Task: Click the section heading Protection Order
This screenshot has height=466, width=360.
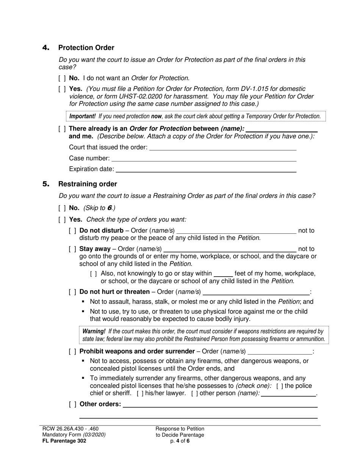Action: pos(86,48)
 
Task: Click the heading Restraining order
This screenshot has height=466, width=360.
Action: pos(88,184)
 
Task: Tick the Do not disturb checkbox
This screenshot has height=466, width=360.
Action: pos(73,231)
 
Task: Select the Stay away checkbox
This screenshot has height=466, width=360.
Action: pos(73,249)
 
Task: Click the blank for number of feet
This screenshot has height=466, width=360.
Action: pos(223,274)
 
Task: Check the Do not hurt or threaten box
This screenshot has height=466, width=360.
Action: pos(73,292)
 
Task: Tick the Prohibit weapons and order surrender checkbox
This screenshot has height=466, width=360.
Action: pos(73,352)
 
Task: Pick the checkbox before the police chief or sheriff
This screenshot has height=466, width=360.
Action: pos(279,386)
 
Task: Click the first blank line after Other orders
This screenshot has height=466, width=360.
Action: pos(220,405)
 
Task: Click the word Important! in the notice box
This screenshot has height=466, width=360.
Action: pos(82,116)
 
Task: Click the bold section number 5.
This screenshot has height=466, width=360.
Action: pos(46,184)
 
